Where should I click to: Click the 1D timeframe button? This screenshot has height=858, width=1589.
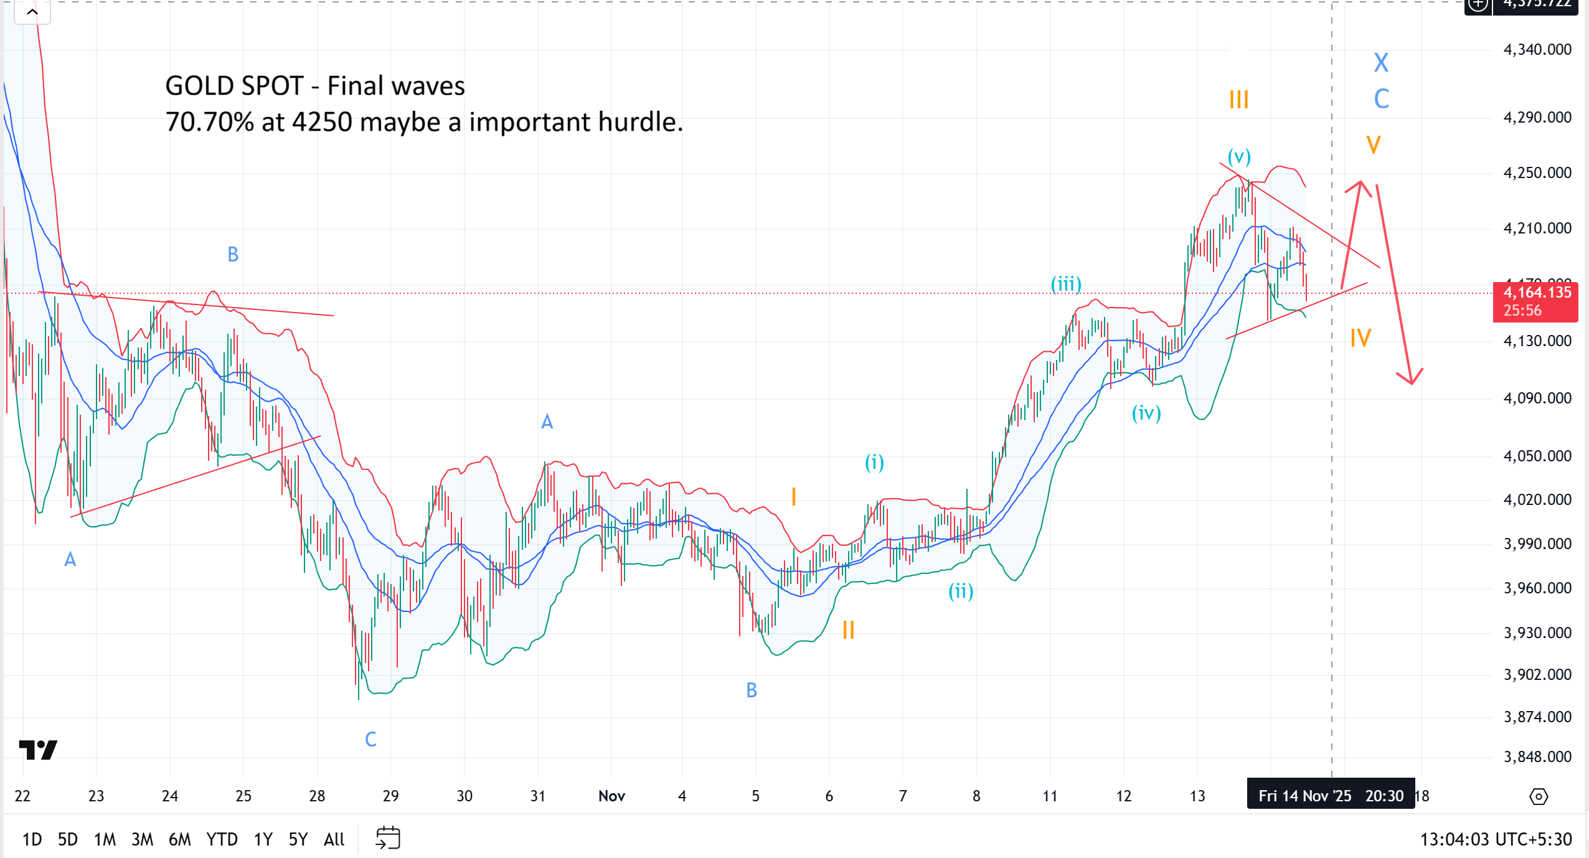point(32,839)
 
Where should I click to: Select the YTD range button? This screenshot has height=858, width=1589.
point(222,839)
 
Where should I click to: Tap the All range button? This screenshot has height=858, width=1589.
point(334,839)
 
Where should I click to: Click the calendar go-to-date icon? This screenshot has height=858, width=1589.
point(388,838)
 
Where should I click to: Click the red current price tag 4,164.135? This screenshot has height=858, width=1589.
point(1535,301)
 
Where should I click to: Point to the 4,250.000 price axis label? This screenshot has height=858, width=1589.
point(1537,172)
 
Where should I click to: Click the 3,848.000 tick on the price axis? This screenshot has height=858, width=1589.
point(1537,757)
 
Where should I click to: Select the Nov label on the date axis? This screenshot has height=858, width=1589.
point(611,796)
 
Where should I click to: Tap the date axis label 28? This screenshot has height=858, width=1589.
point(317,796)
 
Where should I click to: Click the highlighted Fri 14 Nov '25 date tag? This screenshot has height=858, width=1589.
point(1331,796)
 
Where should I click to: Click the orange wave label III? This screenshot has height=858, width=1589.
point(1238,100)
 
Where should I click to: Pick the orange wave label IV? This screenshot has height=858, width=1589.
point(1360,338)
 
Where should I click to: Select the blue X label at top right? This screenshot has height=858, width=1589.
point(1381,62)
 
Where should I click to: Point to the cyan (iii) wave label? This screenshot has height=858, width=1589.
point(1066,284)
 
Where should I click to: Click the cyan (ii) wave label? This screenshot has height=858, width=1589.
point(961,590)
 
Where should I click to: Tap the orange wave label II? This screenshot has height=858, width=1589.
point(848,630)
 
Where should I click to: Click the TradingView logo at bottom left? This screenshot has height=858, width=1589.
point(38,750)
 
